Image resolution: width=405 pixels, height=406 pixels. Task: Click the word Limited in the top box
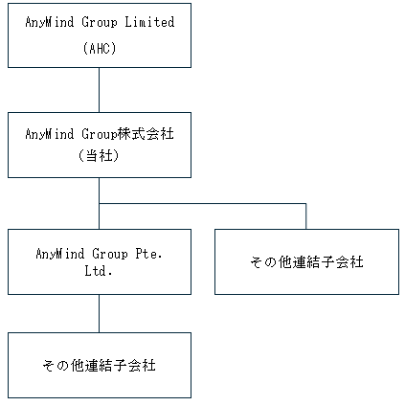click(149, 22)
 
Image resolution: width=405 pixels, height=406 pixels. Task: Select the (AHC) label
click(100, 49)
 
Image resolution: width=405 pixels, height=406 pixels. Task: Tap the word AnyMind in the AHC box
click(50, 22)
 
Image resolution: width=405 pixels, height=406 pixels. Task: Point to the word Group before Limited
click(100, 22)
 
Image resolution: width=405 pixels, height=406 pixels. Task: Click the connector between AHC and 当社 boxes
click(99, 90)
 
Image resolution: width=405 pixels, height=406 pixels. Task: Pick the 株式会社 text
click(146, 134)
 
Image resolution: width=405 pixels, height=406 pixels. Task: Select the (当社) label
click(99, 156)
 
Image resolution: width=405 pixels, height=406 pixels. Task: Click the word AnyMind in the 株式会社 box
click(50, 134)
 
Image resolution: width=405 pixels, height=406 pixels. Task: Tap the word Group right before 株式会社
click(100, 134)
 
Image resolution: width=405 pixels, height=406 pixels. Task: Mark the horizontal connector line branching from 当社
click(203, 203)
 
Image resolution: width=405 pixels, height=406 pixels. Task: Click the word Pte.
click(149, 254)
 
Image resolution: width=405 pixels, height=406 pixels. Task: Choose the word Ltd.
click(99, 271)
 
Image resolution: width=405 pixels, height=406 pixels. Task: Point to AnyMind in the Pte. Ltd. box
click(60, 254)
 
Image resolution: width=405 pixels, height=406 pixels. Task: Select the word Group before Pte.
click(110, 254)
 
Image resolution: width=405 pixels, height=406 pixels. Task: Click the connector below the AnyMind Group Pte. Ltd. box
click(99, 313)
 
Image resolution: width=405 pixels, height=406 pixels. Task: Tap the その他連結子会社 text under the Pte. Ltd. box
click(99, 365)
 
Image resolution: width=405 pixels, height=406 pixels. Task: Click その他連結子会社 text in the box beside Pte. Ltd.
click(306, 262)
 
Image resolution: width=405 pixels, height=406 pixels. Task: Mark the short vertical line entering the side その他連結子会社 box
click(306, 216)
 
